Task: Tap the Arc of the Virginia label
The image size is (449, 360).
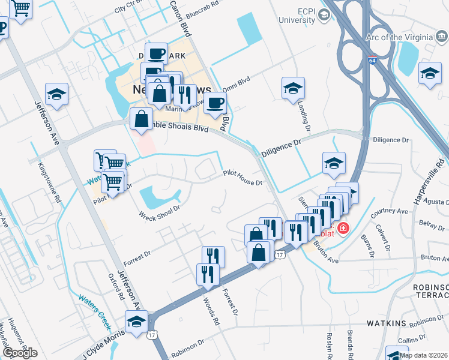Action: [x=399, y=37]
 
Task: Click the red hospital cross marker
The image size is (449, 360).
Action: [x=343, y=228]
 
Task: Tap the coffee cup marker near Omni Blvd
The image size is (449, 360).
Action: [x=215, y=103]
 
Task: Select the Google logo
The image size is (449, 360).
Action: [x=20, y=353]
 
